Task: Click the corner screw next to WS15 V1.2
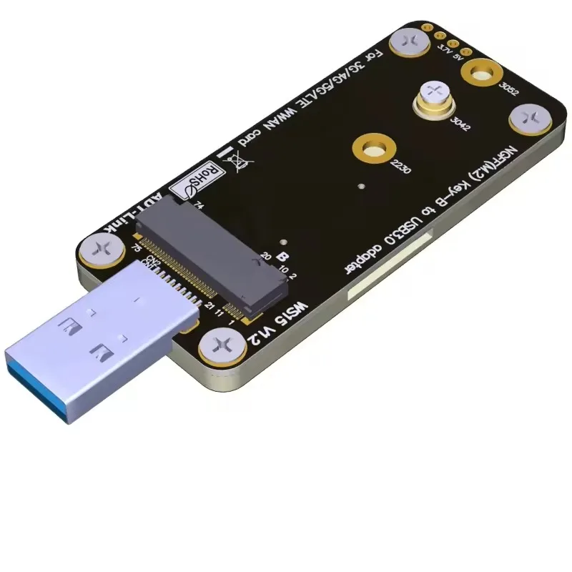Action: pos(219,350)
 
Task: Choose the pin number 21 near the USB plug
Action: pos(209,305)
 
